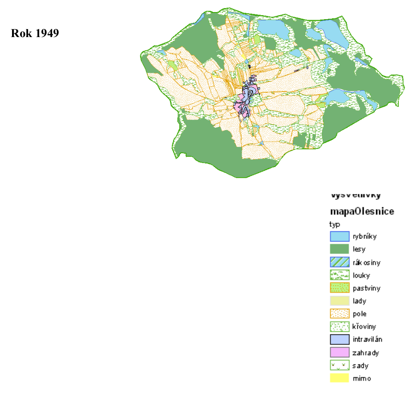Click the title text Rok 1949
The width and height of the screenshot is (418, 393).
35,33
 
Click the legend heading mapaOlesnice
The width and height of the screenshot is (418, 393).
362,211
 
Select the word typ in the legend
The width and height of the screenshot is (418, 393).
334,225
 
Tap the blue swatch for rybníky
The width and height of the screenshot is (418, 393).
339,237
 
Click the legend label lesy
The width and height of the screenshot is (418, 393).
359,250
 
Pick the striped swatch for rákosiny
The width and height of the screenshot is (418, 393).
339,262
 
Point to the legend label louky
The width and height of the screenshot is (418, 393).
361,276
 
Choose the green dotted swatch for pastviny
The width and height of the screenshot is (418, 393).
339,288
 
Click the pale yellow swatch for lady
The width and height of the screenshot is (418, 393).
339,301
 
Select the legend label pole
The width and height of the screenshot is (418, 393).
360,314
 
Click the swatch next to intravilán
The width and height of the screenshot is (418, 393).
339,339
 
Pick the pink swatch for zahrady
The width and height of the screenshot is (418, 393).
339,352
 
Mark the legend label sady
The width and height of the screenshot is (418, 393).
360,366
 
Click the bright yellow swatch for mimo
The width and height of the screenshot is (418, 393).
339,378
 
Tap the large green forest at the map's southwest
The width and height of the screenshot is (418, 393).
210,147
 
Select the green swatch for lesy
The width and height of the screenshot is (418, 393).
339,249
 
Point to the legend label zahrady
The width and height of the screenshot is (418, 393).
366,353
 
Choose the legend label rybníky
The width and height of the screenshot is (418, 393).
365,237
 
